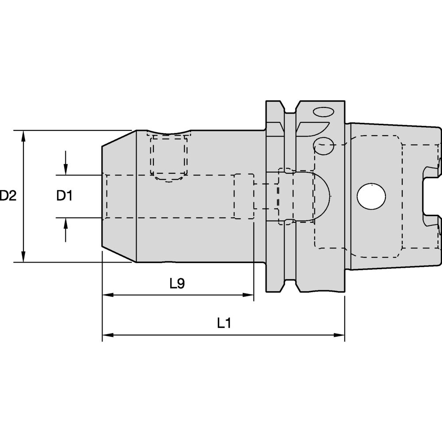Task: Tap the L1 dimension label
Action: coord(225,324)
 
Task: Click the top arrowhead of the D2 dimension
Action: coord(23,135)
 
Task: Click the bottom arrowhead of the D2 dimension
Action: coord(23,257)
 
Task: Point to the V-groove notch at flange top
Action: coord(290,108)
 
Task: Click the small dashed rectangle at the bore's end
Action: coord(244,196)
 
